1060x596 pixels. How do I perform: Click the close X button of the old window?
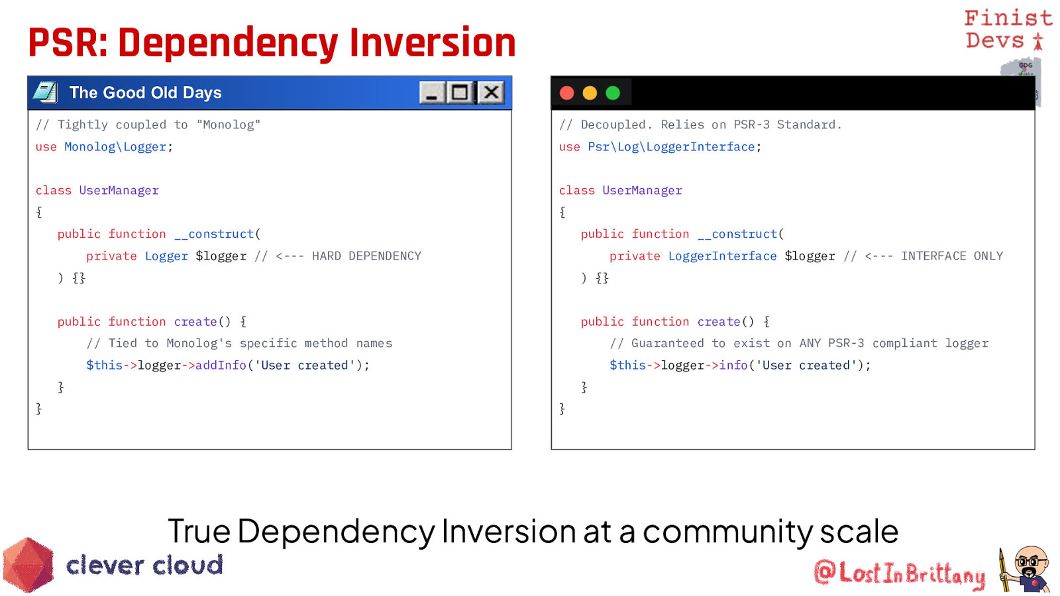point(491,92)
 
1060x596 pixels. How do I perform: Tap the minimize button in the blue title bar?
point(431,92)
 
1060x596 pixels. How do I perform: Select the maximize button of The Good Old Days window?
point(460,92)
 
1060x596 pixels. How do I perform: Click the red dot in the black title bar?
point(567,93)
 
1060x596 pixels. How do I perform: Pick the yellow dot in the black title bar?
point(590,93)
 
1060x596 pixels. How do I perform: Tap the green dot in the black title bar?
point(613,93)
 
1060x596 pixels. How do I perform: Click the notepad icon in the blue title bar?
point(46,92)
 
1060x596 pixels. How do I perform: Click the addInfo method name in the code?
point(221,365)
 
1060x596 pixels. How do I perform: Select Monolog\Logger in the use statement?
point(115,147)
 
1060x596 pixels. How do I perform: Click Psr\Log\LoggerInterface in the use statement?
point(671,147)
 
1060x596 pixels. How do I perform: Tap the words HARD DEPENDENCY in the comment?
point(366,256)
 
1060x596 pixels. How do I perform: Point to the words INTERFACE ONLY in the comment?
point(951,256)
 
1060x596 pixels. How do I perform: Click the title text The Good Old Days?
point(145,93)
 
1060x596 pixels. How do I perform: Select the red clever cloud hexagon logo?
point(28,565)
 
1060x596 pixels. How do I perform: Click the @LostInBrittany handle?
point(899,573)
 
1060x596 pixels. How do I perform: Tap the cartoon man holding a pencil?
point(1024,570)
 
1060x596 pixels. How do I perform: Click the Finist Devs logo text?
point(1008,29)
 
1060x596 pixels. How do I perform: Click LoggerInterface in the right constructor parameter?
point(722,256)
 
